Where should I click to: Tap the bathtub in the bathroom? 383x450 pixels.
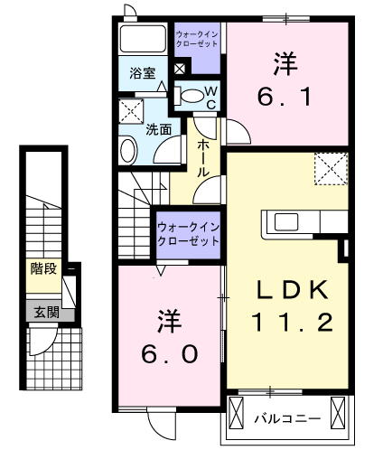pos(144,40)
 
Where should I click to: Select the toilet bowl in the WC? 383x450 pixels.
pos(191,93)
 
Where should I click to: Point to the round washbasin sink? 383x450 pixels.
pos(127,150)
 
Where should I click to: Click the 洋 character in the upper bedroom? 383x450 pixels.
pos(287,62)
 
